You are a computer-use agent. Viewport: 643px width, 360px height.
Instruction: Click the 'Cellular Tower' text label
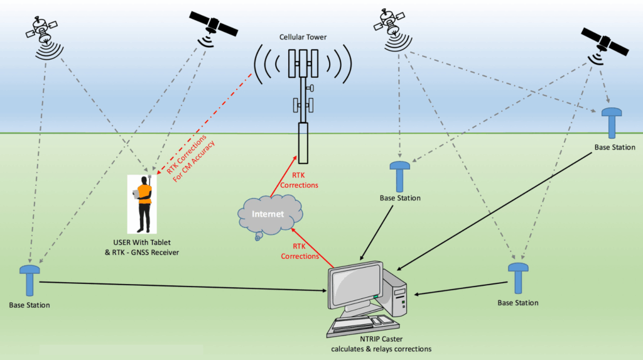(x=303, y=36)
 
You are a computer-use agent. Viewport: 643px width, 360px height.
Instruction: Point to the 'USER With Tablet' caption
(x=141, y=243)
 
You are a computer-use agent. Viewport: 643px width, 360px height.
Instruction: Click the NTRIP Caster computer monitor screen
(x=355, y=284)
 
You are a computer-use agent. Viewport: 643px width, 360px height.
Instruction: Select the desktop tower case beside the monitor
(x=397, y=292)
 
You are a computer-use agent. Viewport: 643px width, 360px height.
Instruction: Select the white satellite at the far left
(x=41, y=29)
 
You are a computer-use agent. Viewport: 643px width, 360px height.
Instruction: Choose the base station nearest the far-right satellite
(x=612, y=121)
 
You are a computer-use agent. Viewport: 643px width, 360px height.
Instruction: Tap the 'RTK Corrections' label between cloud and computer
(x=300, y=251)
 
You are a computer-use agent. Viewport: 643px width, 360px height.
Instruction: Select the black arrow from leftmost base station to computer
(x=182, y=286)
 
